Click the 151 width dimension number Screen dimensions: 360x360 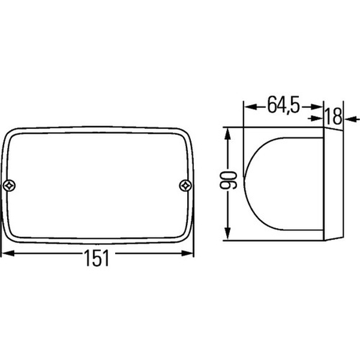coord(97,258)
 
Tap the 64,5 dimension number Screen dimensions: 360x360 coord(284,104)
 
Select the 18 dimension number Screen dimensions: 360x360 coord(334,116)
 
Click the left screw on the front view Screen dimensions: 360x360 coord(10,185)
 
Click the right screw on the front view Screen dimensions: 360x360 coord(185,185)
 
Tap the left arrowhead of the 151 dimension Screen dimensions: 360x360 coord(8,253)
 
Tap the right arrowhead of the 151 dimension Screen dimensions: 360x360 coord(187,253)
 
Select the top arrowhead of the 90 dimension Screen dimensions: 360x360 coord(227,134)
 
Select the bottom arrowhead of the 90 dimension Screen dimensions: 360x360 coord(227,233)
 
